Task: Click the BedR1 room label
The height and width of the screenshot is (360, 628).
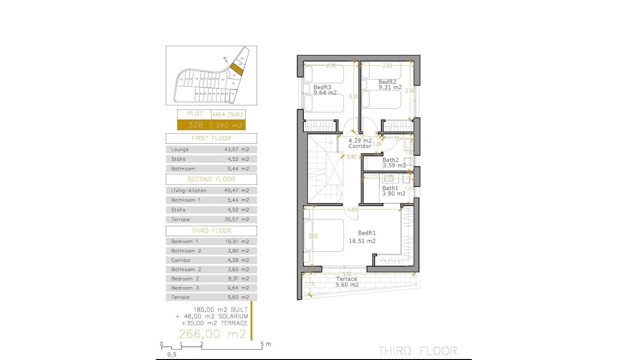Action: (367, 233)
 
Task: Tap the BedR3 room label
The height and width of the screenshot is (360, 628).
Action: (322, 87)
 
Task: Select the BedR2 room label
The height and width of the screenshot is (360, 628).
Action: (387, 82)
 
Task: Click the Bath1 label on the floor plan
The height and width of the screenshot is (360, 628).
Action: (390, 188)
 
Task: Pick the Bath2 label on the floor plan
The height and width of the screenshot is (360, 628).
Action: (390, 160)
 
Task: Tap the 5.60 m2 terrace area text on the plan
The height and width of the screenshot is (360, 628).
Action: (347, 285)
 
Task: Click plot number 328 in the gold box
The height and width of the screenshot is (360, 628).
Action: (194, 125)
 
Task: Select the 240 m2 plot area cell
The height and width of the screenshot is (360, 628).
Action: (228, 125)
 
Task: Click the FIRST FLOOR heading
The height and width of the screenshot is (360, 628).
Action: (211, 139)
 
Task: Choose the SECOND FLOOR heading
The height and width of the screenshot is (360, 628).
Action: (211, 180)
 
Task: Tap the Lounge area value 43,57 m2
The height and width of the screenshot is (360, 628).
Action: (237, 150)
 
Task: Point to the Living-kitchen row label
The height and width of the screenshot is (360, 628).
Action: (189, 190)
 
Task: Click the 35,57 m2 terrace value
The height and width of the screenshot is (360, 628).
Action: (237, 220)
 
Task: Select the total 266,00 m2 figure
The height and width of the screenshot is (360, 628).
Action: (212, 334)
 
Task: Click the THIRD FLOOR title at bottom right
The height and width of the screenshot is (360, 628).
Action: (418, 351)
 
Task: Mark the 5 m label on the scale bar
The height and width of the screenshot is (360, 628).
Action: (266, 344)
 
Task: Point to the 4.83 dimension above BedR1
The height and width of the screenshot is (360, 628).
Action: (352, 209)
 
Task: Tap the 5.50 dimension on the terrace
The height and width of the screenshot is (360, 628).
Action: (347, 274)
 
